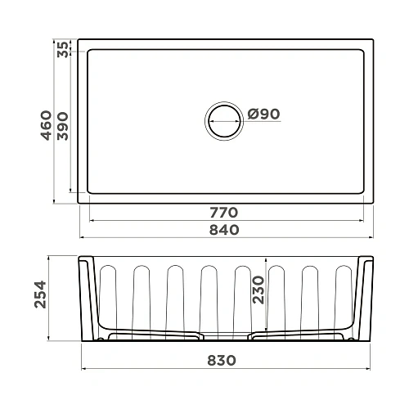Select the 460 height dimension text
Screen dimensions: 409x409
pyautogui.click(x=47, y=124)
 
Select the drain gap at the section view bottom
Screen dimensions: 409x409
pyautogui.click(x=227, y=335)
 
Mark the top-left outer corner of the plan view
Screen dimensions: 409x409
pyautogui.click(x=78, y=38)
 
